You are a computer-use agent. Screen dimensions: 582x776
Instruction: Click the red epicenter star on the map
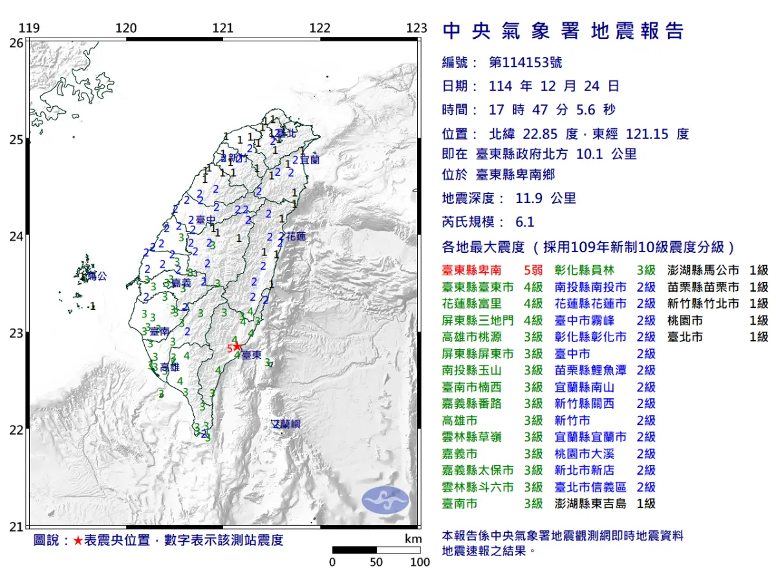click(237, 347)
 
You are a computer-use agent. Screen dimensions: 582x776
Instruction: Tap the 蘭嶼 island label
click(286, 424)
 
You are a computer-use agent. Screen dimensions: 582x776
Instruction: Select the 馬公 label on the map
click(96, 276)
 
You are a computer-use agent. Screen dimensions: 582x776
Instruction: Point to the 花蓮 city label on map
click(296, 236)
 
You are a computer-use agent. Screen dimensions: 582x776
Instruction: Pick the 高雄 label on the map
click(169, 367)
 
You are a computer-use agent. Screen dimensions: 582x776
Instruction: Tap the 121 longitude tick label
click(223, 28)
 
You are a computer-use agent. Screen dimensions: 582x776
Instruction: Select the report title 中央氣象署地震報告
click(563, 31)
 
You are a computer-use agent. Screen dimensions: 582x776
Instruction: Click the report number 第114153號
click(525, 62)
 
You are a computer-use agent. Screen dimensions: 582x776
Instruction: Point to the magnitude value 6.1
click(524, 222)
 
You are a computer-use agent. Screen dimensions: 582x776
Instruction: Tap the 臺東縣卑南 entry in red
click(474, 270)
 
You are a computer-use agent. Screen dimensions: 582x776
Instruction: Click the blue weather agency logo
click(385, 499)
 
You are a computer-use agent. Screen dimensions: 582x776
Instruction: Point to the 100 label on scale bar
click(420, 562)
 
